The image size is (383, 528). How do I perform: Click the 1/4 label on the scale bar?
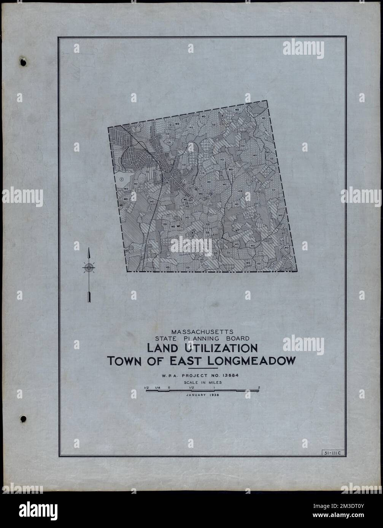(157, 387)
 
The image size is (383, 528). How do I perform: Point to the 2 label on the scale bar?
(259, 387)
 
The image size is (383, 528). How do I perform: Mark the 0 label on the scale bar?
(168, 387)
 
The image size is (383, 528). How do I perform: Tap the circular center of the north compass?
(89, 267)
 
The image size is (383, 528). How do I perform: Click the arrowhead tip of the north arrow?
(89, 248)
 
